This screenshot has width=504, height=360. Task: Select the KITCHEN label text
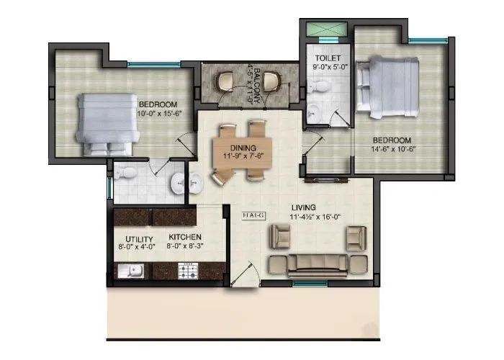pyautogui.click(x=185, y=237)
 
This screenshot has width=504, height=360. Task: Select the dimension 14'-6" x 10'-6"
pyautogui.click(x=392, y=150)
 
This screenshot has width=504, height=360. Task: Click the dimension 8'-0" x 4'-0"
pyautogui.click(x=138, y=247)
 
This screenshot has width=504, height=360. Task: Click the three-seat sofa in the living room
pyautogui.click(x=317, y=265)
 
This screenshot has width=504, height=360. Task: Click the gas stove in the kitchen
pyautogui.click(x=189, y=271)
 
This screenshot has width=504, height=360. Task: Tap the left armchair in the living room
pyautogui.click(x=279, y=236)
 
